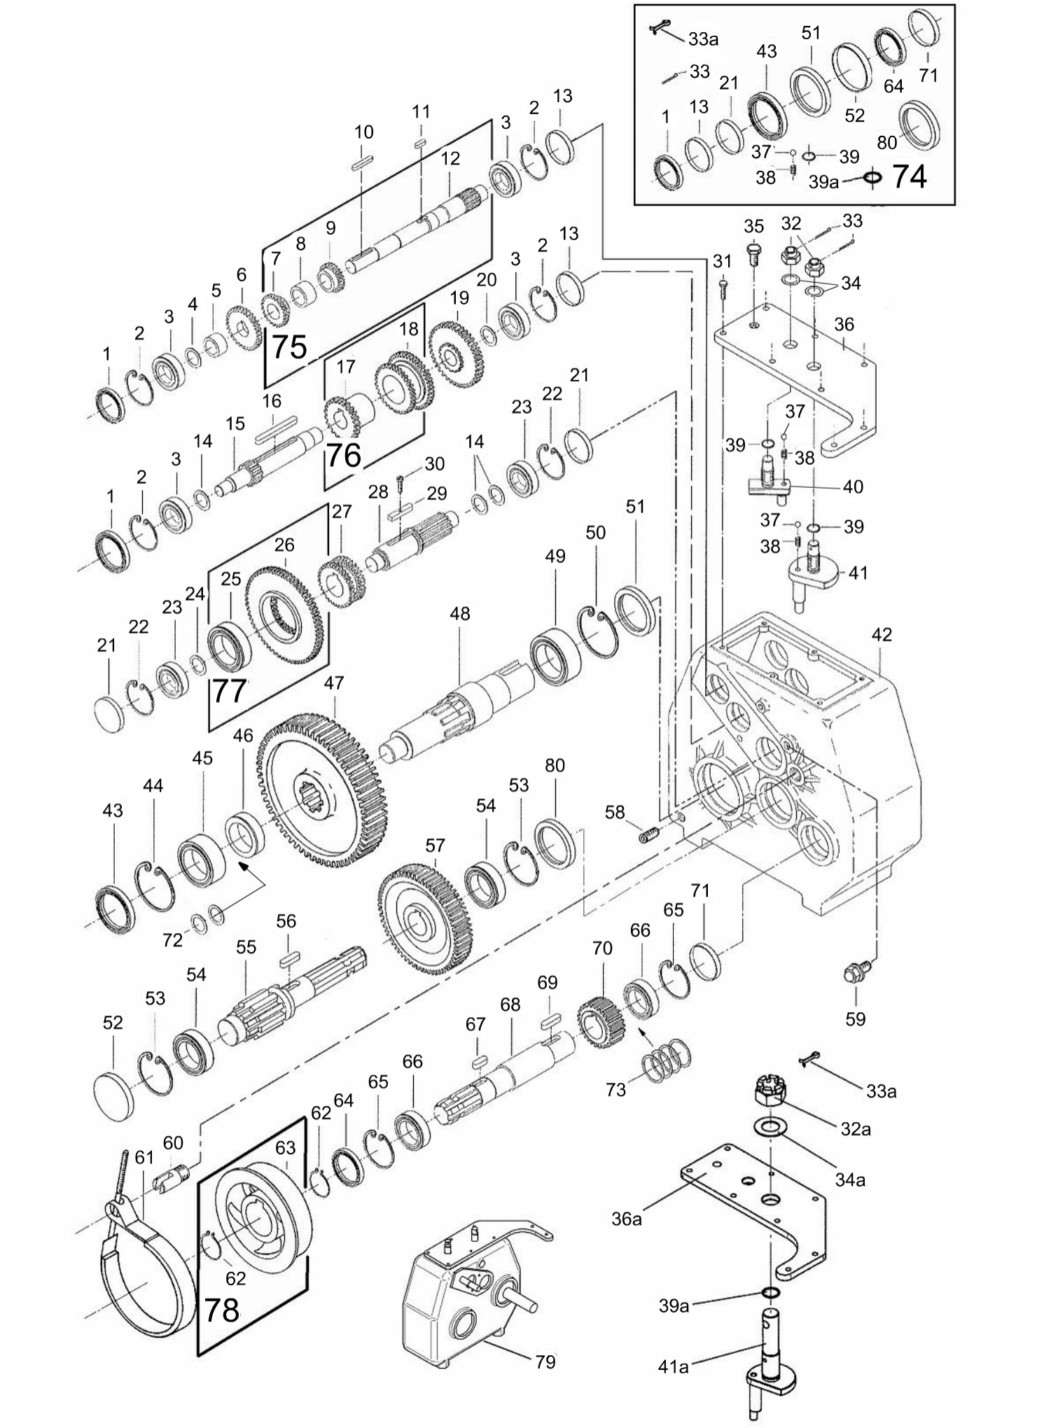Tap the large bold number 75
(x=289, y=346)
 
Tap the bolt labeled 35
(x=753, y=253)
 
